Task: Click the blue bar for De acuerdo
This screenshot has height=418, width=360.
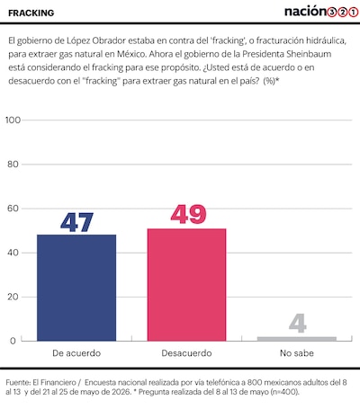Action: coord(76,288)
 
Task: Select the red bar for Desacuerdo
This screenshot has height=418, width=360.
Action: coord(186,285)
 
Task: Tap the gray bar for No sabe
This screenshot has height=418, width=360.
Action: coord(297,339)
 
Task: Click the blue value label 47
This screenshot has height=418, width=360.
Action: coord(76,222)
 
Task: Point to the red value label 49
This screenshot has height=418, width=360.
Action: coord(188,214)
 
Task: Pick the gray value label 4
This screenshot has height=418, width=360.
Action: coord(298,323)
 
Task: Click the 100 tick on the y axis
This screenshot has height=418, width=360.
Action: coord(13,120)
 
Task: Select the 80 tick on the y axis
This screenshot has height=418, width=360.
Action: coord(13,165)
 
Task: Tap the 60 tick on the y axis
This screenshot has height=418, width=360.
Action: coord(13,209)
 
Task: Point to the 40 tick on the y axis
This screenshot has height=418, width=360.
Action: coord(13,253)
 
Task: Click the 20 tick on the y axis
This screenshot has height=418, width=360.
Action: coord(13,297)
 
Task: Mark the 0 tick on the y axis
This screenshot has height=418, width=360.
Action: coord(13,341)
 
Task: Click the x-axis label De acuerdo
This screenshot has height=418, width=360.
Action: coord(76,353)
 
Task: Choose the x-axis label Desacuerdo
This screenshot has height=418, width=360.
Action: coord(186,353)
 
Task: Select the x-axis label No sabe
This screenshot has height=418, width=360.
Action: coord(297,353)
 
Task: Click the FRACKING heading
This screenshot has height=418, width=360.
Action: coord(31,13)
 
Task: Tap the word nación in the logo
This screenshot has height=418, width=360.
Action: coord(305,12)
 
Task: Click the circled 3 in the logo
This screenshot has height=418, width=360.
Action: coord(332,13)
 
